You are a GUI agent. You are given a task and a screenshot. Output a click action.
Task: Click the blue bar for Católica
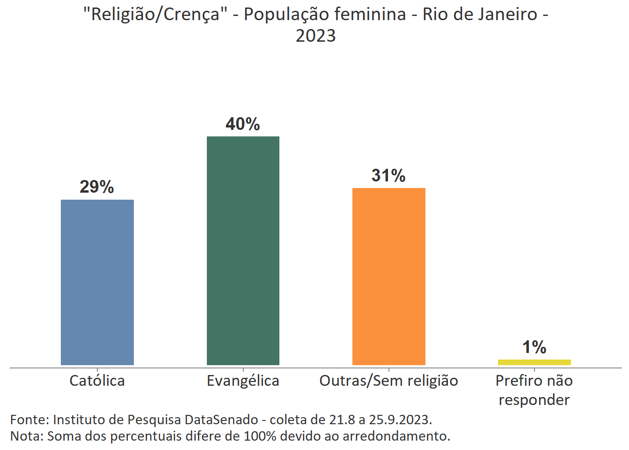tap(97, 282)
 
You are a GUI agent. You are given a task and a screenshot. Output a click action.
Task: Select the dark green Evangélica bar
tap(243, 251)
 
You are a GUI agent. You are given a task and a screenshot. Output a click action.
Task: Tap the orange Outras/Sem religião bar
tap(388, 277)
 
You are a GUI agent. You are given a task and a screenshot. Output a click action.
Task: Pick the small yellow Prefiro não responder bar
tap(534, 362)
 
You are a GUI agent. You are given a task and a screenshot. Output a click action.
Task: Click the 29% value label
tap(97, 187)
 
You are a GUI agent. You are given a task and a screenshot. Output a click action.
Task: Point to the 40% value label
tap(243, 124)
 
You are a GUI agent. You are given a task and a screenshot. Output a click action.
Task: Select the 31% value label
tap(388, 176)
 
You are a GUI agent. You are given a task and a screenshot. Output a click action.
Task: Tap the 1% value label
tap(534, 347)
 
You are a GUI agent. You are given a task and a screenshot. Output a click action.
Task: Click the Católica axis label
tap(97, 381)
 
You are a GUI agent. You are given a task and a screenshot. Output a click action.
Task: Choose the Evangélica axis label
tap(243, 381)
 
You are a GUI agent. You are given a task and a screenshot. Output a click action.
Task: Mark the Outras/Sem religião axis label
tap(388, 381)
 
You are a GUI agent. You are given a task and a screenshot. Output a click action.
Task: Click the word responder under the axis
tap(534, 400)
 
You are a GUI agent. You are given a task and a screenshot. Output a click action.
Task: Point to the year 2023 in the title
tap(315, 36)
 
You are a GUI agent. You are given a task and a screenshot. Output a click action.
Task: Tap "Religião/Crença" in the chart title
tap(155, 15)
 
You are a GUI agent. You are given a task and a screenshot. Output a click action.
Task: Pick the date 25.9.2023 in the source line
tap(399, 420)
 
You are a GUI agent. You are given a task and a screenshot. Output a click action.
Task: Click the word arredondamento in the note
tap(396, 436)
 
